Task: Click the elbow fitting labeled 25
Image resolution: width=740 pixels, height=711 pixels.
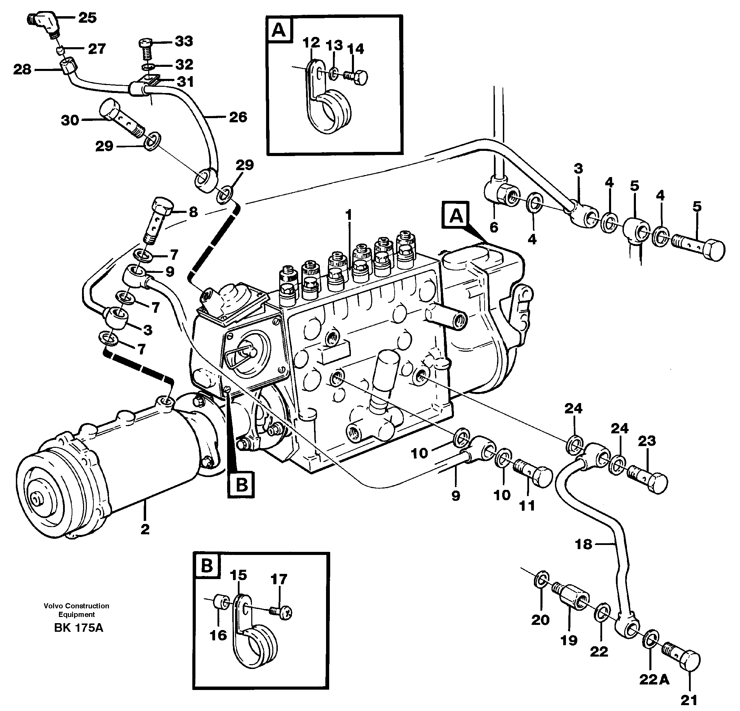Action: [x=44, y=23]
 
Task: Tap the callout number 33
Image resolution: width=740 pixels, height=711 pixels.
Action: [x=184, y=41]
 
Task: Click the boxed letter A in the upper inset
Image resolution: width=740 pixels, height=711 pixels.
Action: [x=279, y=30]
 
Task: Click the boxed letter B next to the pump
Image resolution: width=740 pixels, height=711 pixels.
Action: [x=241, y=484]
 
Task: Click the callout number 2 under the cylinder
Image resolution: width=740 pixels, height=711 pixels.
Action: [x=145, y=529]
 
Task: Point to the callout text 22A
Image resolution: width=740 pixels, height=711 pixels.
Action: [x=654, y=680]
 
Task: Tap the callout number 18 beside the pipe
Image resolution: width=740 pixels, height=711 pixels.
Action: [x=583, y=545]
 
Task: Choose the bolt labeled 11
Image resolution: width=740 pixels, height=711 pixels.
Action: [x=534, y=474]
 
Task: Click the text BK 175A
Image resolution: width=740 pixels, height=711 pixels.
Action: [x=79, y=628]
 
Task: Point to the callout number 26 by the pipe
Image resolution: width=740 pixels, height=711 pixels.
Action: [x=238, y=117]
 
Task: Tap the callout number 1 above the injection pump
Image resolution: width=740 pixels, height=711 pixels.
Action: [x=348, y=215]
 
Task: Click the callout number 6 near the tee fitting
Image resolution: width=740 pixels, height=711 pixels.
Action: [x=494, y=227]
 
